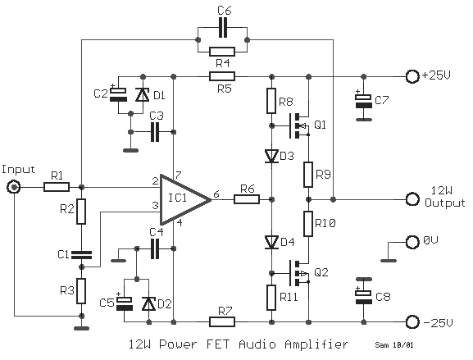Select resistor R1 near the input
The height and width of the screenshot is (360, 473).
(57, 187)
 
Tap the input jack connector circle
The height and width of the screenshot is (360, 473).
(14, 188)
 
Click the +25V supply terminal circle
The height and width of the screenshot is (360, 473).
(412, 76)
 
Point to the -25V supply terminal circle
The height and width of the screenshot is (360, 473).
(412, 322)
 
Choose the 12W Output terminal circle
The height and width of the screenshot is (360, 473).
(412, 199)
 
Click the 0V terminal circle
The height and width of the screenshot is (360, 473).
(412, 242)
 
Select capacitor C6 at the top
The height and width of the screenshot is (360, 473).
(223, 27)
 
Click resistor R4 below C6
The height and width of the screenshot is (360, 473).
(222, 52)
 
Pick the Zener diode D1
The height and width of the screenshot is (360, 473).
(143, 94)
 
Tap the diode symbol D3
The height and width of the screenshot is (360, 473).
(271, 156)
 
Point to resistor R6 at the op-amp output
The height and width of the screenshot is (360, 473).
(247, 199)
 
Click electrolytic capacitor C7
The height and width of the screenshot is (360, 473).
(364, 101)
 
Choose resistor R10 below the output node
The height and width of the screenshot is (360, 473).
(308, 224)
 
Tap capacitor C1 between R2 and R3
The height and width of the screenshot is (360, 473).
(81, 255)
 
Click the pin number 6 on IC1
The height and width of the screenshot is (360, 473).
(216, 194)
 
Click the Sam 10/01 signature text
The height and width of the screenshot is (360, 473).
(394, 344)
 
